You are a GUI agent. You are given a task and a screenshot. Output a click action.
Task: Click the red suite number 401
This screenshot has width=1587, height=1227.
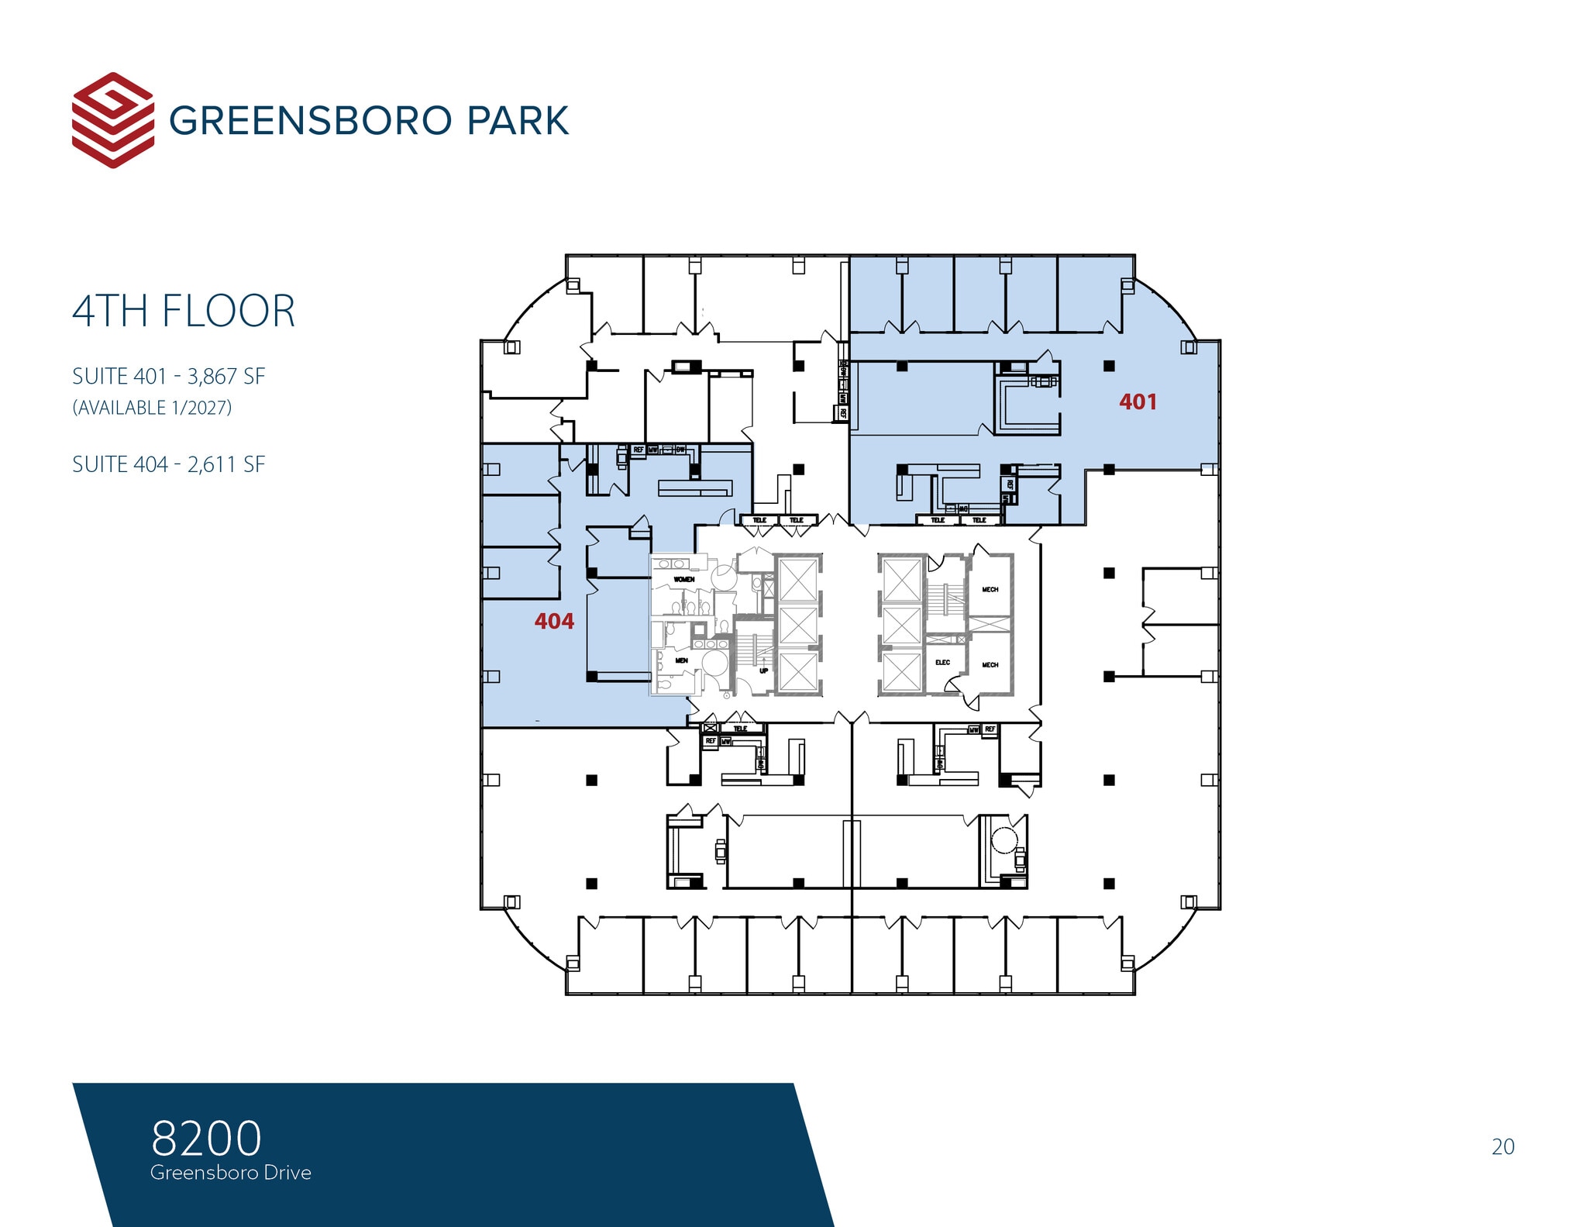1137,402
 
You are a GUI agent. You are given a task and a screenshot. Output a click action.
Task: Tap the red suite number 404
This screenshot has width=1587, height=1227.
554,621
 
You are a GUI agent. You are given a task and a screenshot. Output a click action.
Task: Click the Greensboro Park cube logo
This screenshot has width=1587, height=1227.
112,120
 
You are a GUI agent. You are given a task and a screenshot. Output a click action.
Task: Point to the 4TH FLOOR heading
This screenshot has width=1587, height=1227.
184,311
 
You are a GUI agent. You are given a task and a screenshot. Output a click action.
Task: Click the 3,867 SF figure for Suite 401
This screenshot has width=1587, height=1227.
226,377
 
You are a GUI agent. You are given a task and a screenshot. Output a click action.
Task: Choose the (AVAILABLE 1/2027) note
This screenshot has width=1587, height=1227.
152,408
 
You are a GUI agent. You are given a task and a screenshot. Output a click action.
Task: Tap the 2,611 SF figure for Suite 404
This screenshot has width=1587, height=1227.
226,464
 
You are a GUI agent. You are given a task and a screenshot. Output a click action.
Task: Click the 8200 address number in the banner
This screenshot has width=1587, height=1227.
206,1138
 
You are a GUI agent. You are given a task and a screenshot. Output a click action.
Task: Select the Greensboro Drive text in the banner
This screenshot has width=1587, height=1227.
231,1172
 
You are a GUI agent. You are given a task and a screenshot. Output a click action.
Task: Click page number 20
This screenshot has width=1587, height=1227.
1503,1146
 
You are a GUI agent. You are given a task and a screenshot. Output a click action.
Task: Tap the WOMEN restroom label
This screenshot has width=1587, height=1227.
683,579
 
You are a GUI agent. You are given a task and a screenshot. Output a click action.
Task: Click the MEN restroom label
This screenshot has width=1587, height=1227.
681,660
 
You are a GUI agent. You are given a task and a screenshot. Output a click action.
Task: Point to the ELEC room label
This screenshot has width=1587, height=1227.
942,662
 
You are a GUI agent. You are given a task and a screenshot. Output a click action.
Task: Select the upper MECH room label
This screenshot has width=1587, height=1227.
990,589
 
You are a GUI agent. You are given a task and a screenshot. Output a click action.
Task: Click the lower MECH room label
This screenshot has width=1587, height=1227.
990,664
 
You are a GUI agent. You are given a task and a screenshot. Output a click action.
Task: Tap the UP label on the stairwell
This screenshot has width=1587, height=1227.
763,670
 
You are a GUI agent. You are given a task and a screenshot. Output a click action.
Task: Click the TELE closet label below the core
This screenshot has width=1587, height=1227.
740,729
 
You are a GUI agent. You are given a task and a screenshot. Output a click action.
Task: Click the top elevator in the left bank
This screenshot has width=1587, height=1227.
798,579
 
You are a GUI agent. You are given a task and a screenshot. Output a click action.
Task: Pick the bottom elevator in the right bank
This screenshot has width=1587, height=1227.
901,672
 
